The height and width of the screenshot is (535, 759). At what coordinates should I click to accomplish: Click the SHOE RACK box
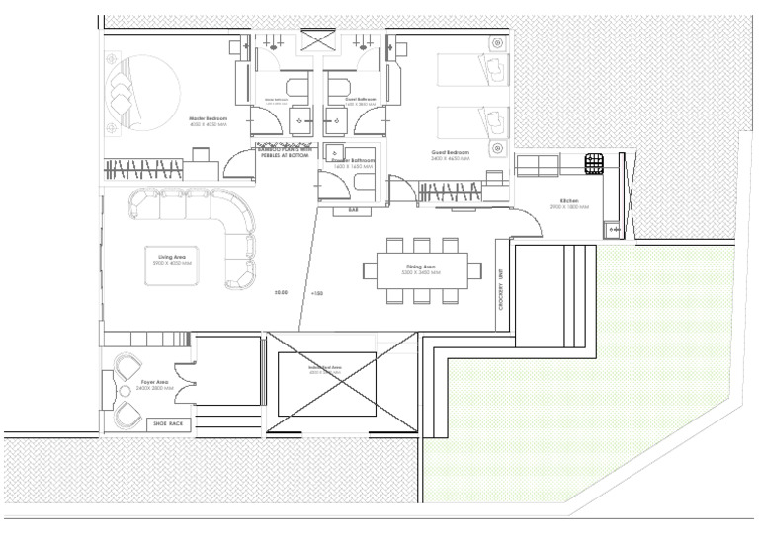click(x=167, y=423)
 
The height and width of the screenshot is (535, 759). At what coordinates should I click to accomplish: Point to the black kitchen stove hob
click(x=593, y=162)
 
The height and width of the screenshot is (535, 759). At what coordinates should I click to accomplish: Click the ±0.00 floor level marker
click(x=281, y=293)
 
